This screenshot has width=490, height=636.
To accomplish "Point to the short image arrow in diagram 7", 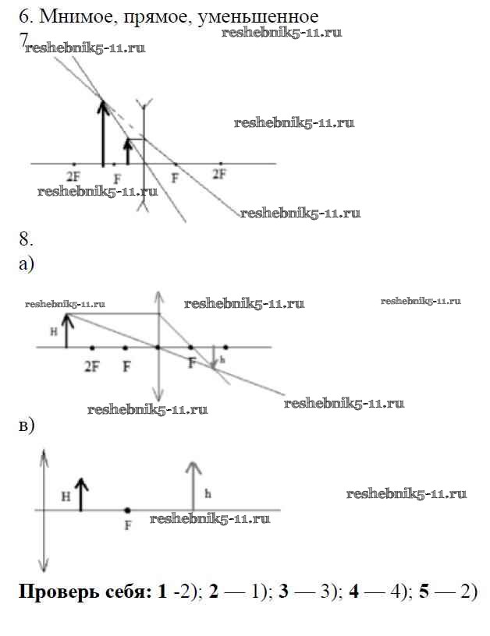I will [x=128, y=151].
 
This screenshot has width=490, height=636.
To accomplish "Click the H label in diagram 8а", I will [x=52, y=331].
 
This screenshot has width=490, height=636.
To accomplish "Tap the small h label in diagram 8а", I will [x=222, y=359].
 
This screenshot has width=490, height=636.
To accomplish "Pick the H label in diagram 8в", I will [x=66, y=495].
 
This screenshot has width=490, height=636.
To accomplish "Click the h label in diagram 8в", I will [x=207, y=493].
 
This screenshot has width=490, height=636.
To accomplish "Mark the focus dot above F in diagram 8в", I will [x=127, y=510].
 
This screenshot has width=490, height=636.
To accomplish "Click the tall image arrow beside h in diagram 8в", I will [x=193, y=485].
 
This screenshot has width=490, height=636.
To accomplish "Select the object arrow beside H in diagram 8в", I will [x=82, y=494].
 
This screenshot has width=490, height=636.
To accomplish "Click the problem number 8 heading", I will [x=24, y=238].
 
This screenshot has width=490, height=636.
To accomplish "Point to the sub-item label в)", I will [x=26, y=426].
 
